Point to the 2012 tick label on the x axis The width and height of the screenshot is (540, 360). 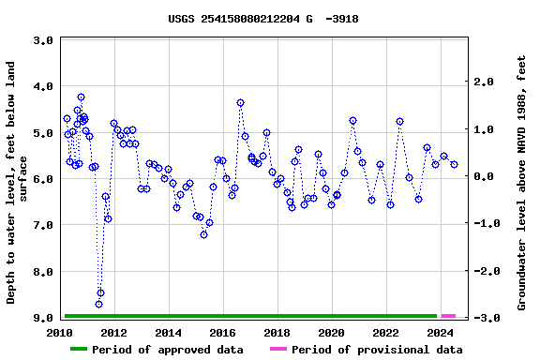113,333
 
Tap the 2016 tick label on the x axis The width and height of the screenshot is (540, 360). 222,333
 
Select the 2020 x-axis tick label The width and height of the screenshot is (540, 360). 331,333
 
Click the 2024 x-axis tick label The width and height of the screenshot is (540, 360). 440,333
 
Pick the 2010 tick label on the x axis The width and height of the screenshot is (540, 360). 60,333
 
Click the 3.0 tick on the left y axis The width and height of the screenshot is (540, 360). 42,41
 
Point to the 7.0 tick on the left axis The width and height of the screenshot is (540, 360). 42,226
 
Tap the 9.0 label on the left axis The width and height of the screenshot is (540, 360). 42,319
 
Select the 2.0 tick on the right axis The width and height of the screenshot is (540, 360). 483,82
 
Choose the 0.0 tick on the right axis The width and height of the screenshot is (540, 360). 483,177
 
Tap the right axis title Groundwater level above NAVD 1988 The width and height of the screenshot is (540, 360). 521,182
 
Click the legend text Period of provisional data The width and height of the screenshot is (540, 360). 376,350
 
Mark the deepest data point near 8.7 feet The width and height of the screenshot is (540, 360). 98,304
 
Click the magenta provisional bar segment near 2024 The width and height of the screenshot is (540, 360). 448,316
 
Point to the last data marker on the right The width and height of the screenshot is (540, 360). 454,164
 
